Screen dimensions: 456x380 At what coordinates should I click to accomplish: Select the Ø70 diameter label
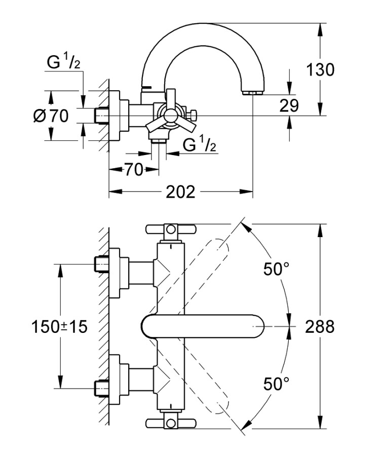pos(51,116)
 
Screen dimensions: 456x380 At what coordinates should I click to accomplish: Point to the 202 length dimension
pos(180,192)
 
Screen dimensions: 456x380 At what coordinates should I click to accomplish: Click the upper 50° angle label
pos(275,269)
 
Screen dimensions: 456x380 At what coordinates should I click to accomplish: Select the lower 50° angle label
pos(275,384)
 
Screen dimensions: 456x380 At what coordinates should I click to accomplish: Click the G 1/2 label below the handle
pos(200,145)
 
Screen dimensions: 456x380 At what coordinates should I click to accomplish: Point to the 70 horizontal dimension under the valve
pos(133,170)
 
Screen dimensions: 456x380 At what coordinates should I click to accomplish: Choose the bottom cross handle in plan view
pos(170,423)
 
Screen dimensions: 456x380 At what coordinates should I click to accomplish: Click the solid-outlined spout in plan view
pos(203,326)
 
